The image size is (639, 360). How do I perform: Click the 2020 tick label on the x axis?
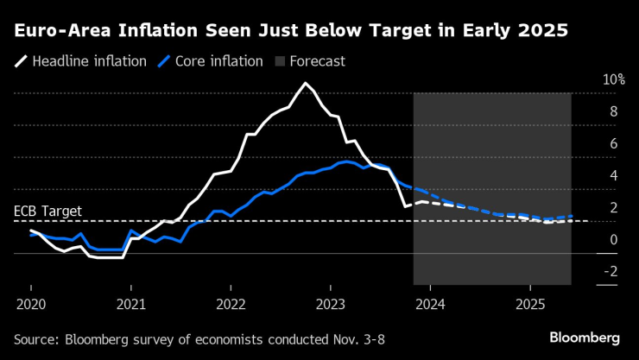(x=30, y=305)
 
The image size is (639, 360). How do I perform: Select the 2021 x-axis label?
(x=130, y=305)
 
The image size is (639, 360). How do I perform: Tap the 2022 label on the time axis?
(x=231, y=305)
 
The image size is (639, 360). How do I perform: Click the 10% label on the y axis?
(x=614, y=79)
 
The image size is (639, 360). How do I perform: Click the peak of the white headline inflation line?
(x=305, y=84)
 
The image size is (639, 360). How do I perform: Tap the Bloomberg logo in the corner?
(x=585, y=336)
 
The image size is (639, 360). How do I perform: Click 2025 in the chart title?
(x=541, y=32)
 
